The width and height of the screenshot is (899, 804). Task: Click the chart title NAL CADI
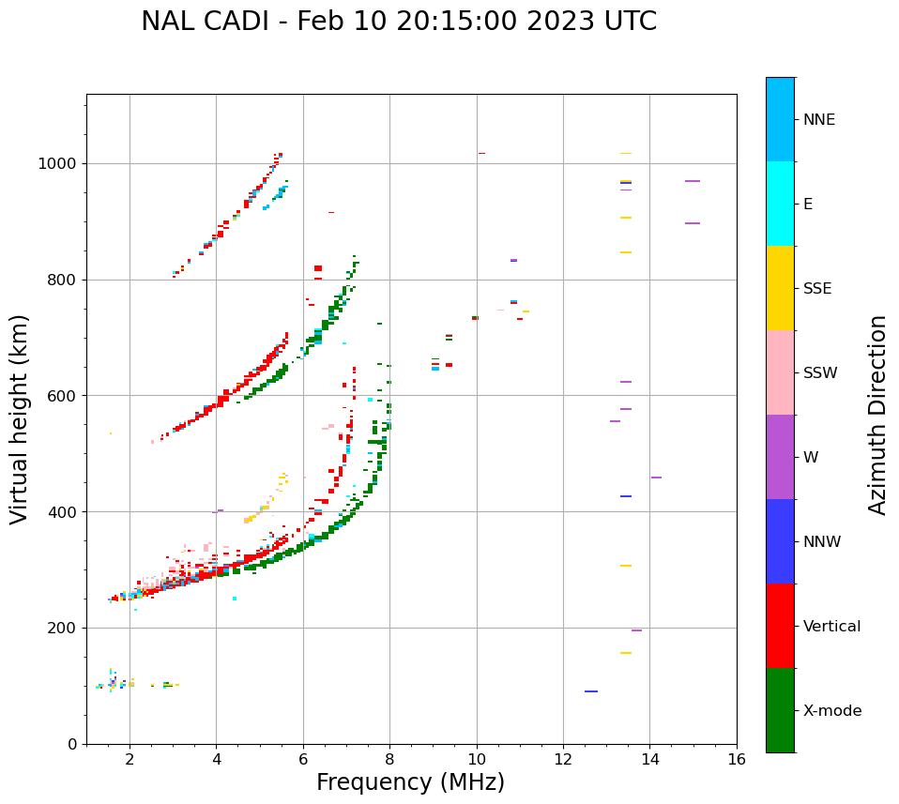click(399, 22)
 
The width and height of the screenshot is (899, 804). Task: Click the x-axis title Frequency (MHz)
click(410, 782)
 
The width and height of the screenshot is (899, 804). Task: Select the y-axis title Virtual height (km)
click(19, 419)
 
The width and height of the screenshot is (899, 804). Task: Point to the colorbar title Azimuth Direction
click(877, 415)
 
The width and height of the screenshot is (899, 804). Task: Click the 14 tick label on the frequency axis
click(649, 759)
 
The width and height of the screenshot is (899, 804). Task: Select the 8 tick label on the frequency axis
click(389, 759)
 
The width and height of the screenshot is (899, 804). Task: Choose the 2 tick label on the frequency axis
click(130, 759)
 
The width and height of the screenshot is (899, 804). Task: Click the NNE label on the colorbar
click(818, 120)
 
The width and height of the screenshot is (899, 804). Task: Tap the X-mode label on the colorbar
click(831, 711)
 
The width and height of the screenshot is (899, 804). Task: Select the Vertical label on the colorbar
click(831, 627)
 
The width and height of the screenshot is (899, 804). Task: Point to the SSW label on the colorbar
click(820, 373)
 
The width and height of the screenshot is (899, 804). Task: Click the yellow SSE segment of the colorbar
click(780, 288)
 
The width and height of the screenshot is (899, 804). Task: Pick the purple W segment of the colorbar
click(780, 457)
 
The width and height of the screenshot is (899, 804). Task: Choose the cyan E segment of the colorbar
click(780, 204)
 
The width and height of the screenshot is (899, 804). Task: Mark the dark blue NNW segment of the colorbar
click(780, 541)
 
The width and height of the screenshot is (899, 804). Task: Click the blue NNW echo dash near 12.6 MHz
click(591, 691)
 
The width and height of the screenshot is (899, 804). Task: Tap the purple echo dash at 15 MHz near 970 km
click(693, 181)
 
